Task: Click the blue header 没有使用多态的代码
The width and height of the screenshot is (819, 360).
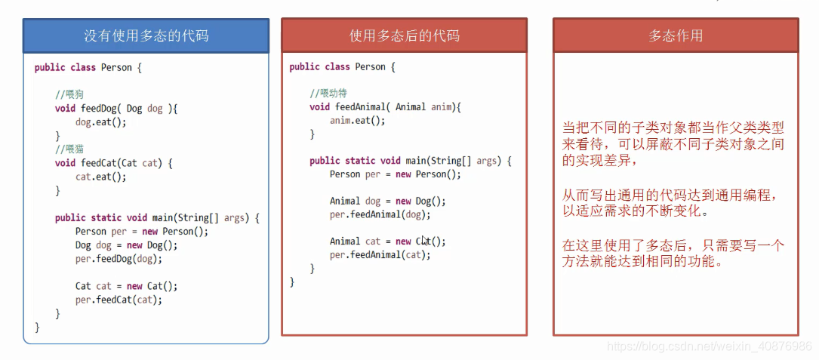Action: (146, 35)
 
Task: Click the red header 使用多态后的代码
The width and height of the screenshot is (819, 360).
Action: (404, 35)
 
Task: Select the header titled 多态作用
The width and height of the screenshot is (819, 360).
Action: (676, 35)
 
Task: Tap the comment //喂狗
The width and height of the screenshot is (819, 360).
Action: (69, 95)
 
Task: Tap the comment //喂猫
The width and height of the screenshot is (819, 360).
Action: (69, 149)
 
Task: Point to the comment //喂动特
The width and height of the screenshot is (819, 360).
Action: (328, 94)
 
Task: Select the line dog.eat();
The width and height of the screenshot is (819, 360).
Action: (100, 122)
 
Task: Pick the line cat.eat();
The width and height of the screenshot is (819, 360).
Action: (100, 177)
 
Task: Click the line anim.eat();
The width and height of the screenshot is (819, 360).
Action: (357, 121)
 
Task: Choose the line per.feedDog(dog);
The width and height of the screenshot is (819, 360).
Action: (119, 259)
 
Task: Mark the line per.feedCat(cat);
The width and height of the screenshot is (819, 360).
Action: (119, 300)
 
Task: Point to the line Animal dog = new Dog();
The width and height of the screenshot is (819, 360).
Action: (387, 202)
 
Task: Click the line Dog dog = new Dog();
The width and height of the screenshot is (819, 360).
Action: (126, 245)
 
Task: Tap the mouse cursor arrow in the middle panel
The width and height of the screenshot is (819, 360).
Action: (425, 241)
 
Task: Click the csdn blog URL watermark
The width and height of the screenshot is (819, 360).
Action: (709, 346)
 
